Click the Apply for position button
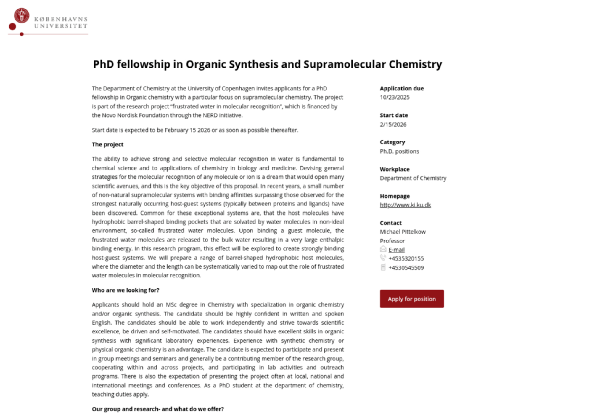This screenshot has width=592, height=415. coord(411,299)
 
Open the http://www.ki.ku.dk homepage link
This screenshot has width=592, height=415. coord(405,205)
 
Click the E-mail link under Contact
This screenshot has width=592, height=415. coord(396,250)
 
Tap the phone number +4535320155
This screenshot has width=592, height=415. coord(406,258)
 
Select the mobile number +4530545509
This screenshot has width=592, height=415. coord(406,268)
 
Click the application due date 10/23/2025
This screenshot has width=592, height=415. coord(395,97)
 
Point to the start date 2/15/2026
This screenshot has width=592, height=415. coord(393,124)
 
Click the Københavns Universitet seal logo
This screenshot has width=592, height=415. coord(22,15)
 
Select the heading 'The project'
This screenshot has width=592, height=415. coord(107,144)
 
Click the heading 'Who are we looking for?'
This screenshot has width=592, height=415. coord(126,290)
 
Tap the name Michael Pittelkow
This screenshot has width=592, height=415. coord(403,232)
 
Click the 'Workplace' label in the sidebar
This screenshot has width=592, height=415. coord(395,169)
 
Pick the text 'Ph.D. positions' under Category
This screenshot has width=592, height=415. coord(399,151)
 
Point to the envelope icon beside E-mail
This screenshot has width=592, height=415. coord(383,249)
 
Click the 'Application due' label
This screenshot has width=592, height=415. coord(402,88)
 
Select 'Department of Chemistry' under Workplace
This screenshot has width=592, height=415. coord(413,178)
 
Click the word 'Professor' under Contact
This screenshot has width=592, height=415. coord(392,241)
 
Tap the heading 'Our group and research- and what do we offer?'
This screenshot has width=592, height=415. coord(158,409)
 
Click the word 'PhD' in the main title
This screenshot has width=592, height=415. coord(103,64)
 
